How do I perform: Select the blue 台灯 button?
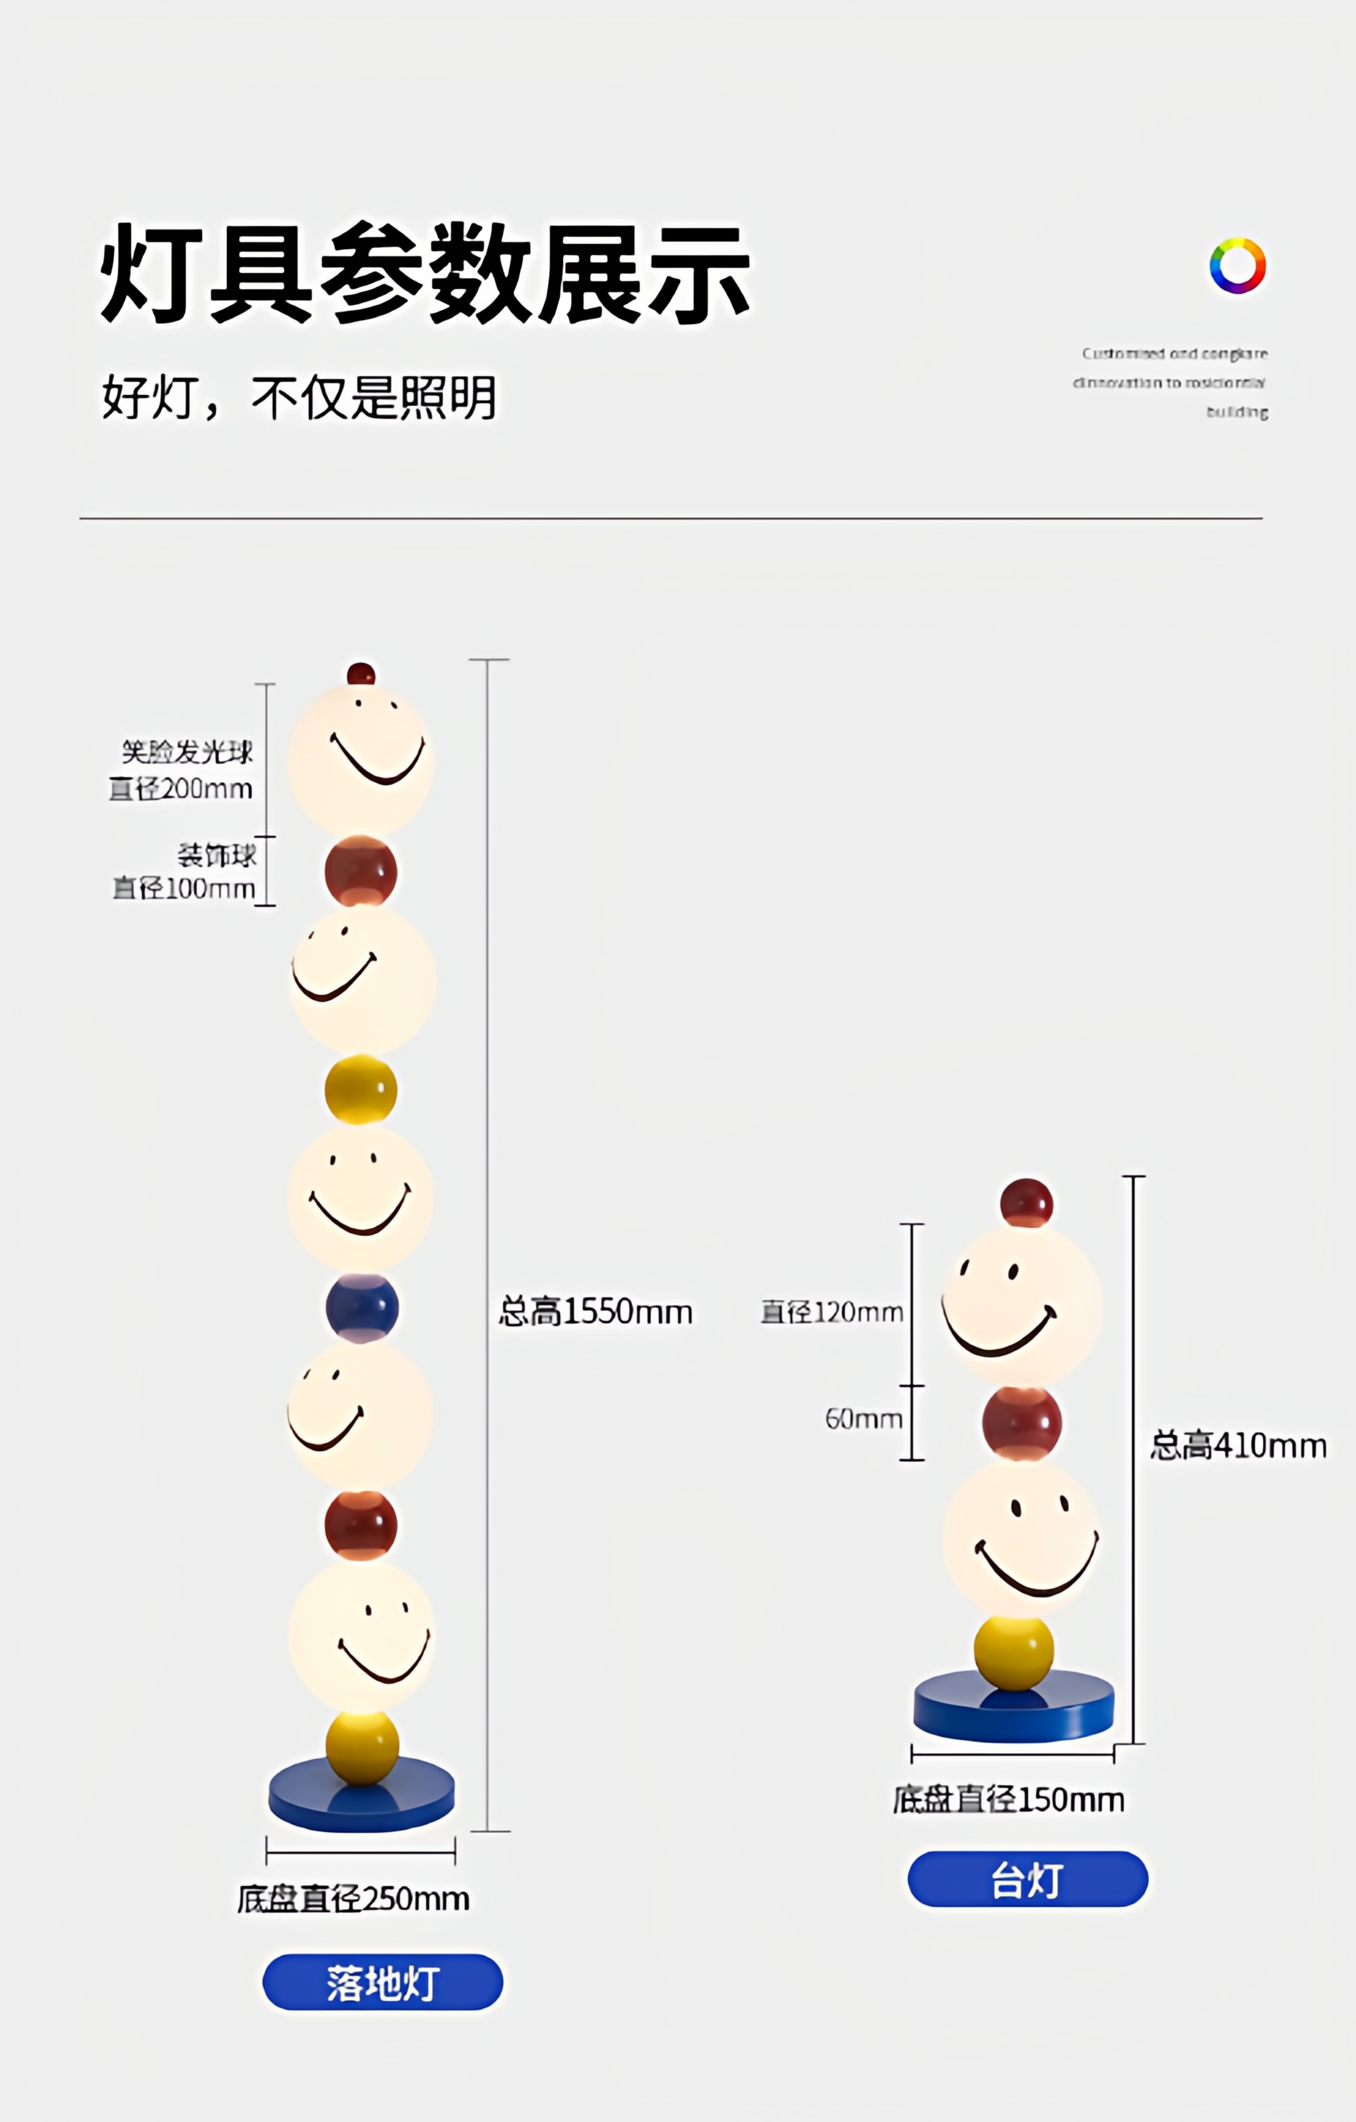[1027, 1879]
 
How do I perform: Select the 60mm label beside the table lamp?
[863, 1419]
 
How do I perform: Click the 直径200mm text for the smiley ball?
[181, 789]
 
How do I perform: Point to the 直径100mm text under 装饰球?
[183, 888]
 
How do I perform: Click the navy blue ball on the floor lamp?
[361, 1308]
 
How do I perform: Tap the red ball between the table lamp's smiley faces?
[1022, 1423]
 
